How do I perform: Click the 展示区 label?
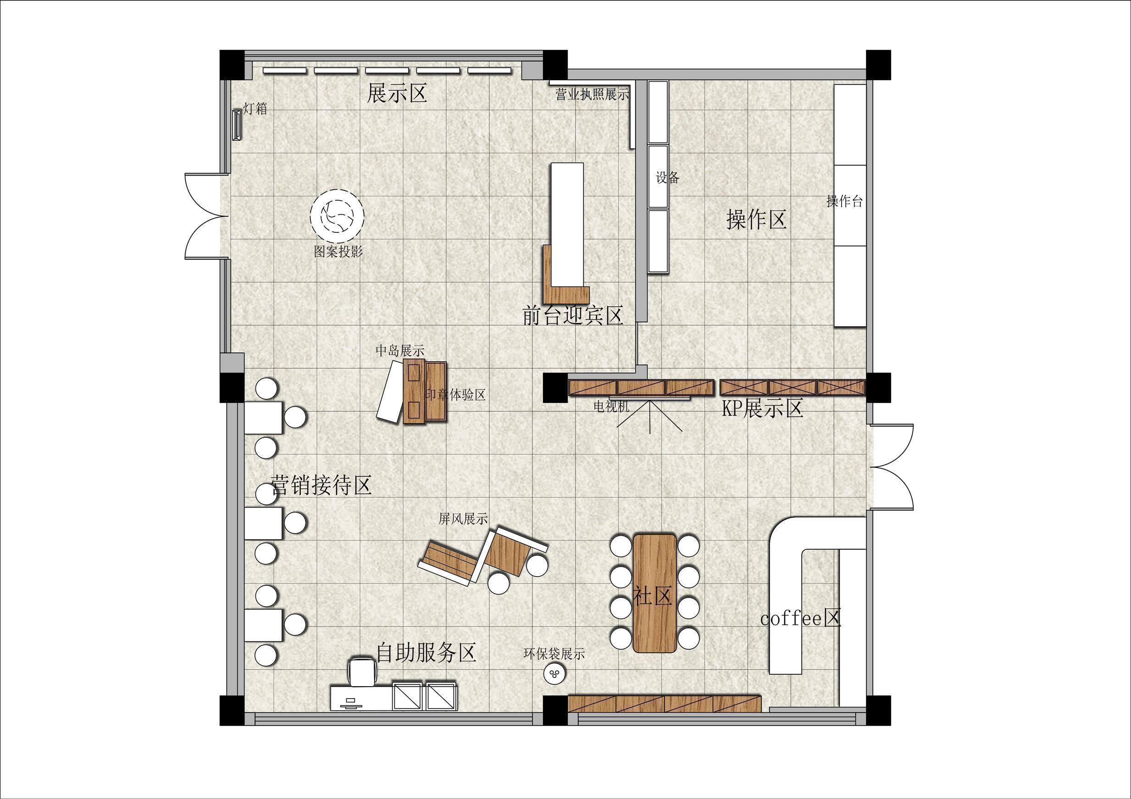click(x=397, y=93)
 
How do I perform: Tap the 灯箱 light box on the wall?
click(x=237, y=125)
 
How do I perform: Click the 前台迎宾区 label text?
click(x=573, y=315)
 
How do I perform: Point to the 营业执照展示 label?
click(x=593, y=94)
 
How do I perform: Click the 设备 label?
click(x=667, y=177)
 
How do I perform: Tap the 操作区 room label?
click(x=757, y=219)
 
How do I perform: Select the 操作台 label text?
click(x=844, y=201)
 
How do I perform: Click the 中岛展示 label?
click(x=400, y=351)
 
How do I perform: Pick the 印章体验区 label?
click(x=455, y=394)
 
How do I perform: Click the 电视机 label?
click(x=611, y=406)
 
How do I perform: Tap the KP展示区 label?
click(x=763, y=408)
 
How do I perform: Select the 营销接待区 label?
click(x=321, y=485)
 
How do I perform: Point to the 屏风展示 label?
click(x=463, y=518)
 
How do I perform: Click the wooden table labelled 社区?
click(x=654, y=593)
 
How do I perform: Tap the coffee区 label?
click(x=800, y=618)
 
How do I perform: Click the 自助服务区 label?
click(x=426, y=652)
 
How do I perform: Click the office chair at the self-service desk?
click(x=362, y=671)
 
